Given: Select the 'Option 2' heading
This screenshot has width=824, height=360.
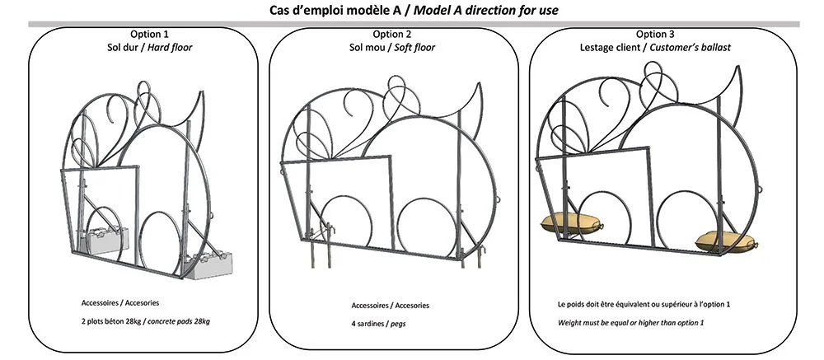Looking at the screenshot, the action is click(392, 35).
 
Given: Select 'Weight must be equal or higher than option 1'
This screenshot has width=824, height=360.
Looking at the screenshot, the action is click(631, 322).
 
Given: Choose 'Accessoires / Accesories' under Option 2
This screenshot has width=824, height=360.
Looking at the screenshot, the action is click(390, 306).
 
